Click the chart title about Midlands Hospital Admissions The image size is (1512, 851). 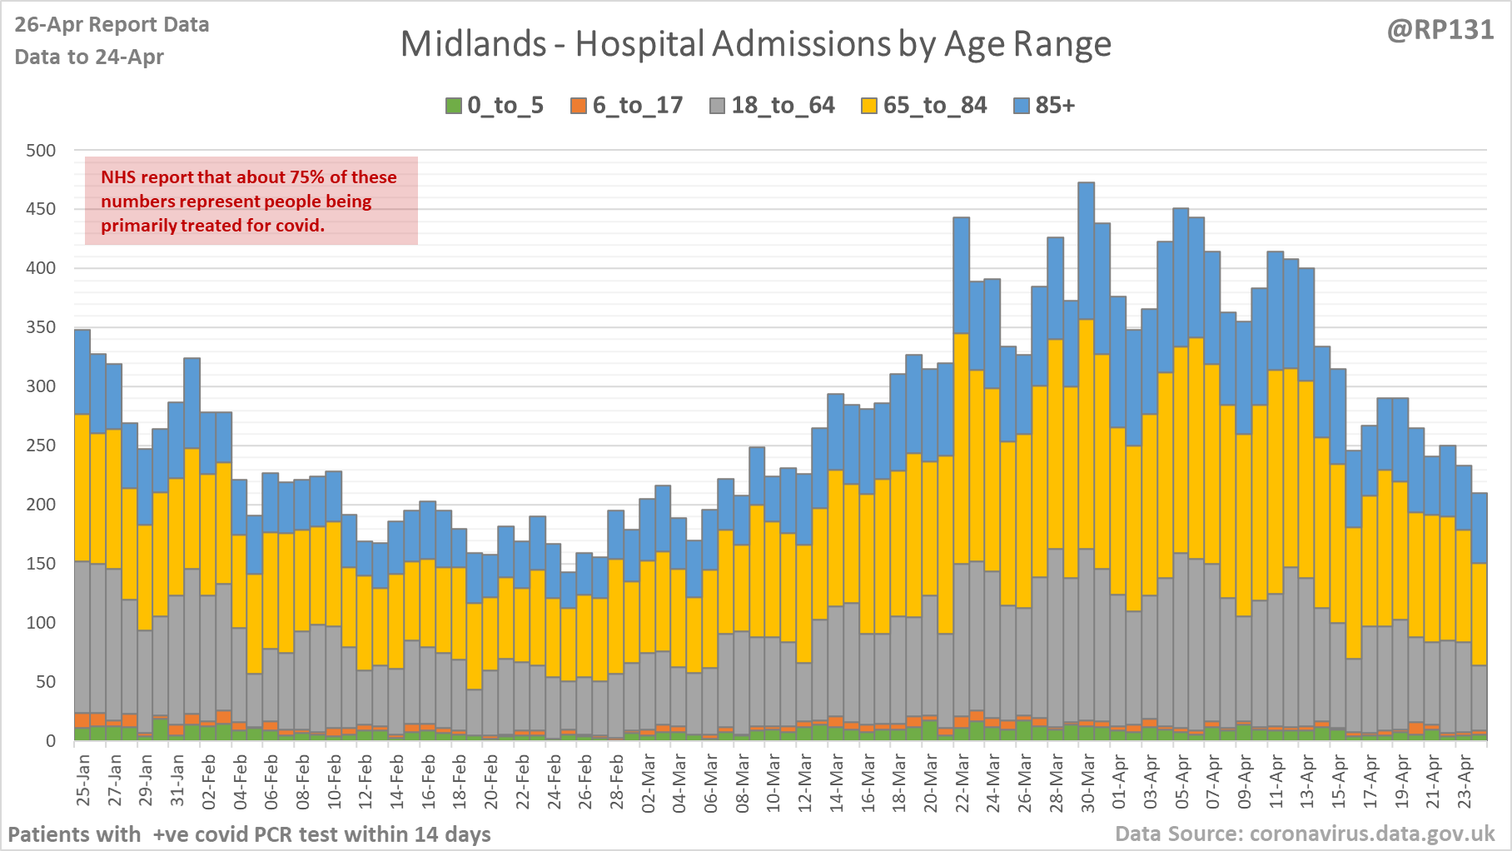click(755, 44)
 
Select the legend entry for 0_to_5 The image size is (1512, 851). click(495, 106)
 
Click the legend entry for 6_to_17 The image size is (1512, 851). click(627, 106)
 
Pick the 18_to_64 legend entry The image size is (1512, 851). click(772, 106)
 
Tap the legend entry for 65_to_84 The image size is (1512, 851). click(924, 106)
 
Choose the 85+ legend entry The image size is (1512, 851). click(1045, 106)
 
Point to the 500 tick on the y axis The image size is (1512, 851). click(41, 151)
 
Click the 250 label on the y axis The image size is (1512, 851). click(41, 445)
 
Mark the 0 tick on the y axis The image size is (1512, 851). click(51, 740)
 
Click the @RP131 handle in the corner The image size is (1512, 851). click(1440, 30)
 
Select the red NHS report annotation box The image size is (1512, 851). click(251, 201)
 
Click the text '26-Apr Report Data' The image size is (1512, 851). click(112, 25)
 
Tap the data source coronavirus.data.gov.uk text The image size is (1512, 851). click(1305, 834)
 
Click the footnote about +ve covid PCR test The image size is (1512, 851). click(249, 834)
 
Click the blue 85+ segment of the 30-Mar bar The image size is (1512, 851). click(1086, 250)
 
